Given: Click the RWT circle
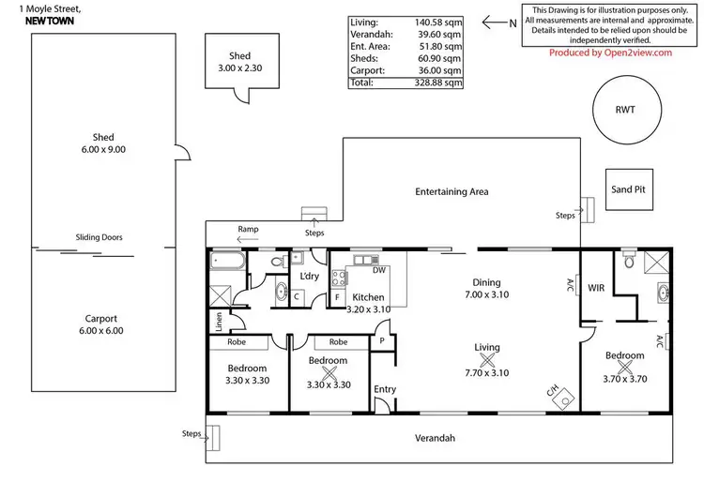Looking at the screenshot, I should (x=625, y=110).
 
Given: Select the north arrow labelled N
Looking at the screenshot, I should (x=497, y=22).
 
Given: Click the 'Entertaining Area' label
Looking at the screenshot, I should (x=452, y=191).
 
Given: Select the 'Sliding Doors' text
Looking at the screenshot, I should (x=99, y=238).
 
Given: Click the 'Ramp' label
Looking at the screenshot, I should (x=248, y=229).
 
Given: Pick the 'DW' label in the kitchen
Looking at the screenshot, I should (x=378, y=270).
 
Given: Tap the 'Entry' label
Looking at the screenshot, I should (x=385, y=389).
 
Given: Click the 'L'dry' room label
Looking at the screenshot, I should (x=309, y=277).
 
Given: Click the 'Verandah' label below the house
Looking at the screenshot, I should (x=435, y=438).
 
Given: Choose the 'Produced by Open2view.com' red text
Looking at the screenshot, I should (x=610, y=53).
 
